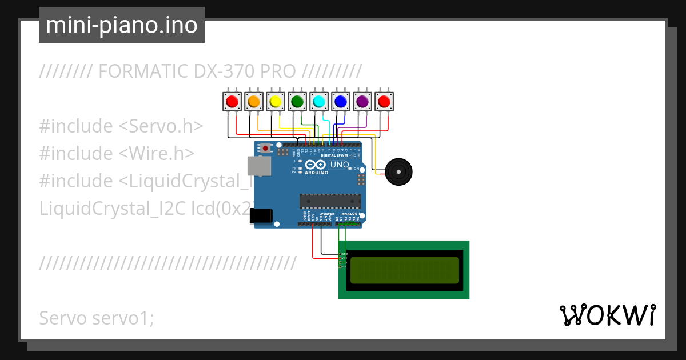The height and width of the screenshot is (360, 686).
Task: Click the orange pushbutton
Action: (253, 102)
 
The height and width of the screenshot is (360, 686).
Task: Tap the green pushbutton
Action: (297, 102)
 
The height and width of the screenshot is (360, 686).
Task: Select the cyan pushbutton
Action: (318, 102)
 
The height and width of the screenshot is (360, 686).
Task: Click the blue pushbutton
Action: (340, 102)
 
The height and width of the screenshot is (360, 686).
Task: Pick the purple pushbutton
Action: (362, 102)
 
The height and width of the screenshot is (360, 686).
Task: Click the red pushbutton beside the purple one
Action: (384, 102)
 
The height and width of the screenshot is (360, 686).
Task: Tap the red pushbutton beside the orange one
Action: (232, 102)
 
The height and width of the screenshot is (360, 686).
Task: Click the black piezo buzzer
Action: (398, 171)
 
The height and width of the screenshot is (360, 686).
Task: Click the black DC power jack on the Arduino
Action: (261, 215)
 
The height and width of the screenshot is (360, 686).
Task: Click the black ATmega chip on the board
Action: (330, 202)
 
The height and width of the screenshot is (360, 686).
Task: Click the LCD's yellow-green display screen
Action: (404, 270)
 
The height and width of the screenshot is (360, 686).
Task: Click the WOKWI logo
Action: (607, 315)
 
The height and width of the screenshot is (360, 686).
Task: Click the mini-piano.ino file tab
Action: (122, 25)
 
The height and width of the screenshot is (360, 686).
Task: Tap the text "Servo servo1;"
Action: (97, 318)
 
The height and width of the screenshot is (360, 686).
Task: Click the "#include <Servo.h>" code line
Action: (121, 126)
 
